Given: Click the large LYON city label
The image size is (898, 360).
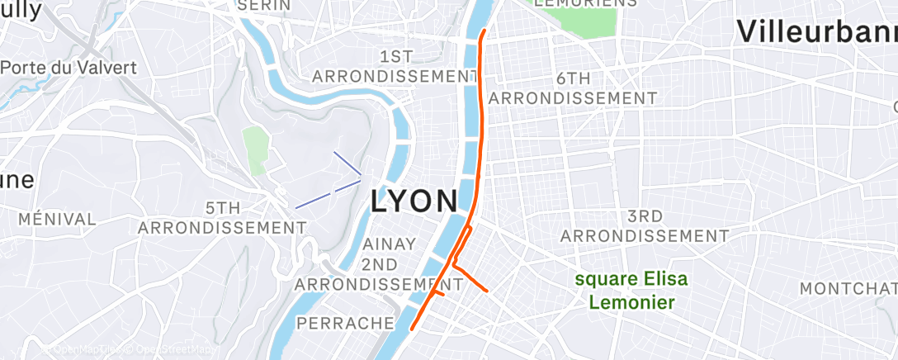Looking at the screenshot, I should click(414, 201).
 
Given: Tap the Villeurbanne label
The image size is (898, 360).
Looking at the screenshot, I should click(815, 31).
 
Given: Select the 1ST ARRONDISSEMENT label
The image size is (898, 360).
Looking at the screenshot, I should click(395, 66).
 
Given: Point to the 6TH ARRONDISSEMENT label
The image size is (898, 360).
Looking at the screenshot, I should click(573, 88).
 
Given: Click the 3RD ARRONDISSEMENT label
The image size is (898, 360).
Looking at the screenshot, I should click(645, 226).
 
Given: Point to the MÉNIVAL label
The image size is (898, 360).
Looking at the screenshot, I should click(57, 219).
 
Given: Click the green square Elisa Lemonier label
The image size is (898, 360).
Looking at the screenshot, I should click(631, 291).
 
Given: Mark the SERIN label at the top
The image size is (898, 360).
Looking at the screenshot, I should click(264, 5).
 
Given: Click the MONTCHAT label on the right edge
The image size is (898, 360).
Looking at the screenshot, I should click(848, 288).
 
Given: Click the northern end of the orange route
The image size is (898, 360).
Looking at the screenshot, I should click(484, 31).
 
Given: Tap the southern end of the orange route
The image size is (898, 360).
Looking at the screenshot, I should click(411, 332).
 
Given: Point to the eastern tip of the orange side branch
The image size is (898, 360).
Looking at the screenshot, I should click(488, 291).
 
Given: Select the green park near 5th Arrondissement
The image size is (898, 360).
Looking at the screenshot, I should click(256, 149).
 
